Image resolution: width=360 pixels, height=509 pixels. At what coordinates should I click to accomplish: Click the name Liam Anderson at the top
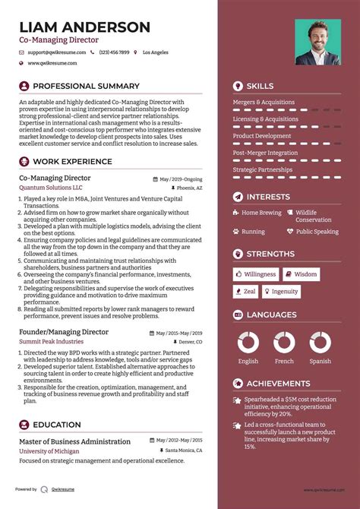point(84,27)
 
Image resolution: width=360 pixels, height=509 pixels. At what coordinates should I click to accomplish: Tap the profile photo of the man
point(318,42)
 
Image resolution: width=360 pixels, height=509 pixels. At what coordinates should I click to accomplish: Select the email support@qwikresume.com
point(56,52)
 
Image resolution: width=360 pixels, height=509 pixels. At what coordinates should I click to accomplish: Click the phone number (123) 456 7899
point(114,52)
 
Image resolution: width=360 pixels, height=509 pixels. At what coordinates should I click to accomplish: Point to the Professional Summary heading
point(86,86)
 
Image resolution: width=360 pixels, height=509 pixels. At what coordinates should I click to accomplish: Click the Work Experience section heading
point(73,161)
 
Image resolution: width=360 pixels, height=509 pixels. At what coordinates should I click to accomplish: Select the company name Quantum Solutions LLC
point(51,188)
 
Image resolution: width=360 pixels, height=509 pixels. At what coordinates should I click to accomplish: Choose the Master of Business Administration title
point(74,441)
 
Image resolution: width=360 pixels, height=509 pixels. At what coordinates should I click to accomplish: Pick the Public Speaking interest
point(317,232)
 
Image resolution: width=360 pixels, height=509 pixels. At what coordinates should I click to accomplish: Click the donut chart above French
point(284,342)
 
